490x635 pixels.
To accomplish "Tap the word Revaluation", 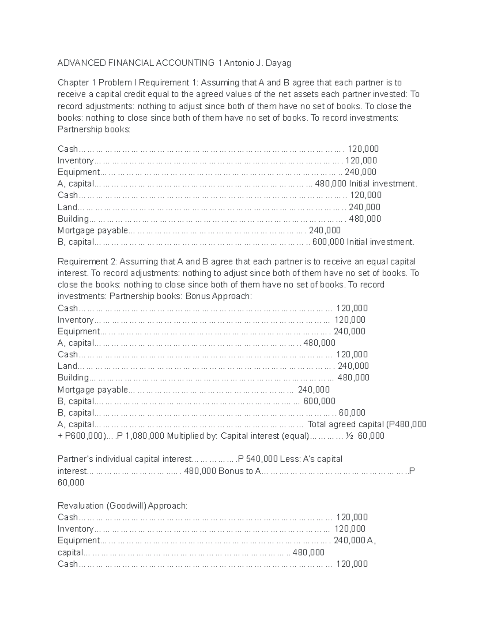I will pyautogui.click(x=80, y=505).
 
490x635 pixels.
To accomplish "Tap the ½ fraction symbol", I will pyautogui.click(x=349, y=436).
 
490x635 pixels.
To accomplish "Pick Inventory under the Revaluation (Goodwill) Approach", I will pyautogui.click(x=76, y=529).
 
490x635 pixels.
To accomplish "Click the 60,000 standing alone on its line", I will pyautogui.click(x=71, y=482).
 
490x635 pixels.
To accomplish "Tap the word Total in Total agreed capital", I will pyautogui.click(x=317, y=424).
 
